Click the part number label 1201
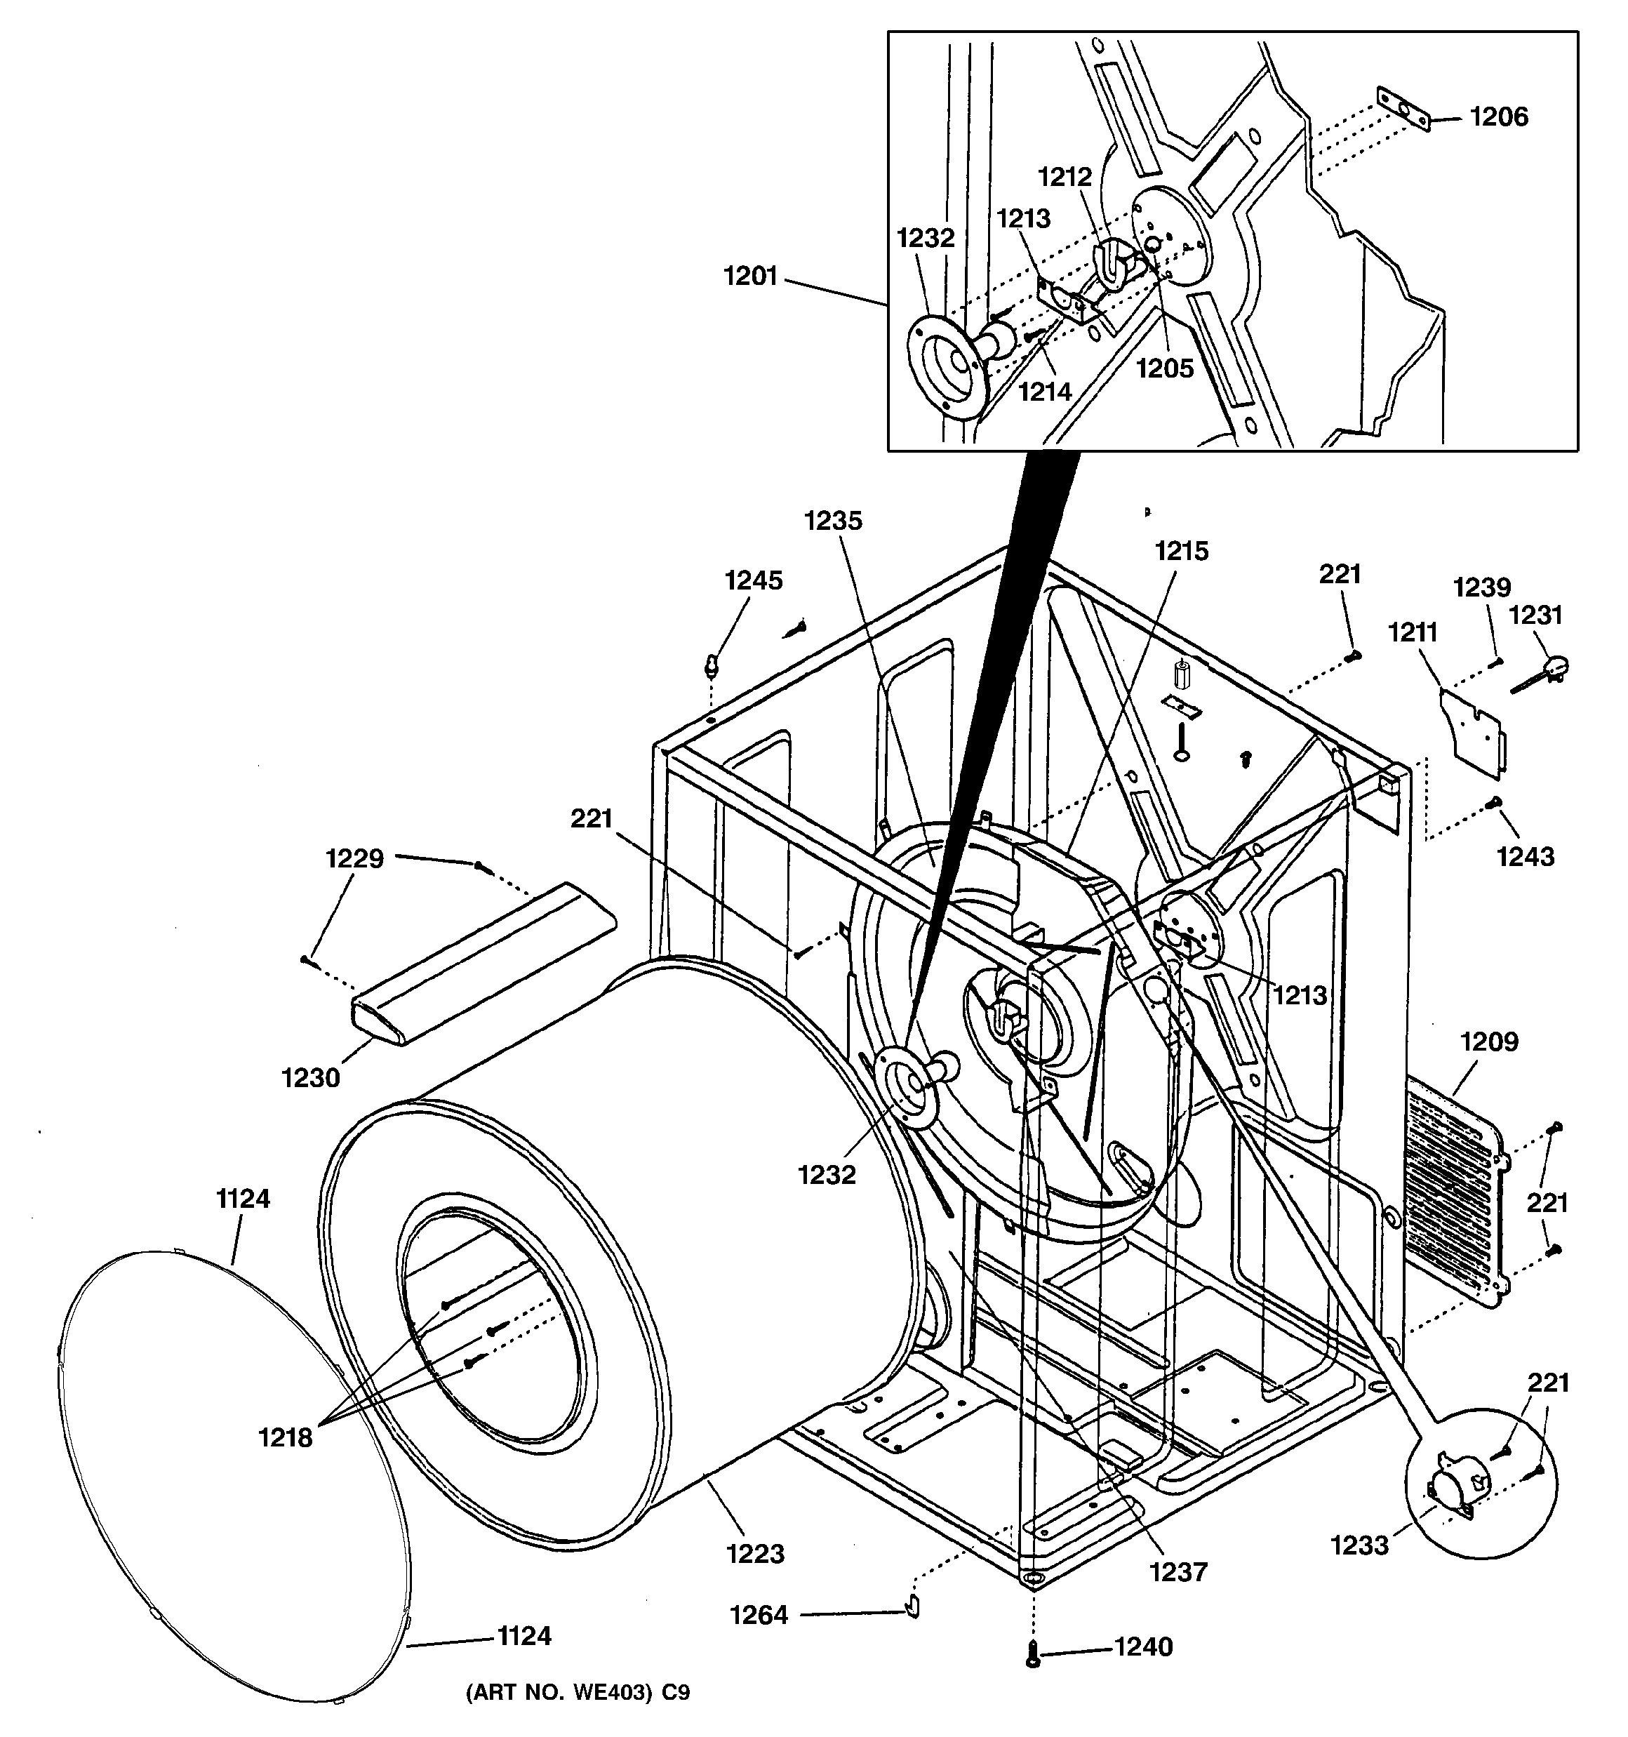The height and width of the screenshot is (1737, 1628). (749, 277)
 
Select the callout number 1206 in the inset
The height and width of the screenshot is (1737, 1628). (1499, 117)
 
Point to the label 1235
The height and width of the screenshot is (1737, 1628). (833, 521)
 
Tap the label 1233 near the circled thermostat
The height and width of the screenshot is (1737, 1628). (1359, 1545)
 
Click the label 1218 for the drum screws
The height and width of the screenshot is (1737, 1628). (285, 1437)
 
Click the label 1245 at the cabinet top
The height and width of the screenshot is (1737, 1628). (753, 580)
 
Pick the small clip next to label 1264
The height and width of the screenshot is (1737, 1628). (912, 1605)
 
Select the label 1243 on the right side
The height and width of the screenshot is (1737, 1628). (1526, 856)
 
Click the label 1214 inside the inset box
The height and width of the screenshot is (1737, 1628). (1044, 392)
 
